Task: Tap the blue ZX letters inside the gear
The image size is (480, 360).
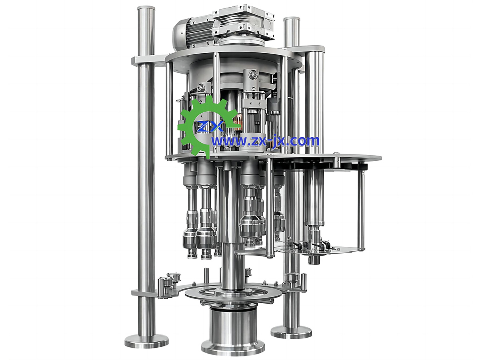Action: coord(210,126)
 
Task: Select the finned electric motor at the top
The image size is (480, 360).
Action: coord(192,33)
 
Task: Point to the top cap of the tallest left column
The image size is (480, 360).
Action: coord(146,9)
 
